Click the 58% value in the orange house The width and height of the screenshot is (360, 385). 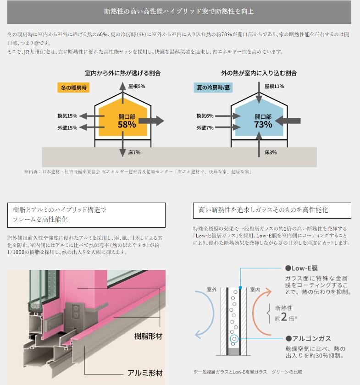[x=127, y=125]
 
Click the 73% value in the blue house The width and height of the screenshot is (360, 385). [x=263, y=125]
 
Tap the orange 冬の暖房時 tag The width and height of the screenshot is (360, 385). [x=73, y=88]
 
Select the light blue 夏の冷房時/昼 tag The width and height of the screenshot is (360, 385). [x=213, y=88]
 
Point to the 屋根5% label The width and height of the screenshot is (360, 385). [x=137, y=86]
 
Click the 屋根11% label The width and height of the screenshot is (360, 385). [x=274, y=86]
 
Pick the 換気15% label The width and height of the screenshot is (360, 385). [x=67, y=115]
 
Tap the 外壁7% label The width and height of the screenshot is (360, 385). [x=205, y=128]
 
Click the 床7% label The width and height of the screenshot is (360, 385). [x=134, y=152]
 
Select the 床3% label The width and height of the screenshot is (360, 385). [x=270, y=152]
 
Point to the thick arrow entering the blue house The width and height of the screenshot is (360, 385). [x=288, y=121]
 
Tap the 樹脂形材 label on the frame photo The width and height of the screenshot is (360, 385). [x=149, y=336]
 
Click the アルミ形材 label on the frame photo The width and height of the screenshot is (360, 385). [x=145, y=373]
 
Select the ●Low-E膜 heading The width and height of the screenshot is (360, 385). [x=301, y=268]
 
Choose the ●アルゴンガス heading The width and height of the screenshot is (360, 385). [x=308, y=339]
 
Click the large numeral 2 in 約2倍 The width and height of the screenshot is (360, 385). [x=284, y=317]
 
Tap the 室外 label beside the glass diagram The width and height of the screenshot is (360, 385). [x=211, y=290]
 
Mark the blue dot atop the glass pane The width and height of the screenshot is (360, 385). [x=240, y=287]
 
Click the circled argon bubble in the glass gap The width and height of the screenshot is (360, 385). [x=234, y=339]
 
